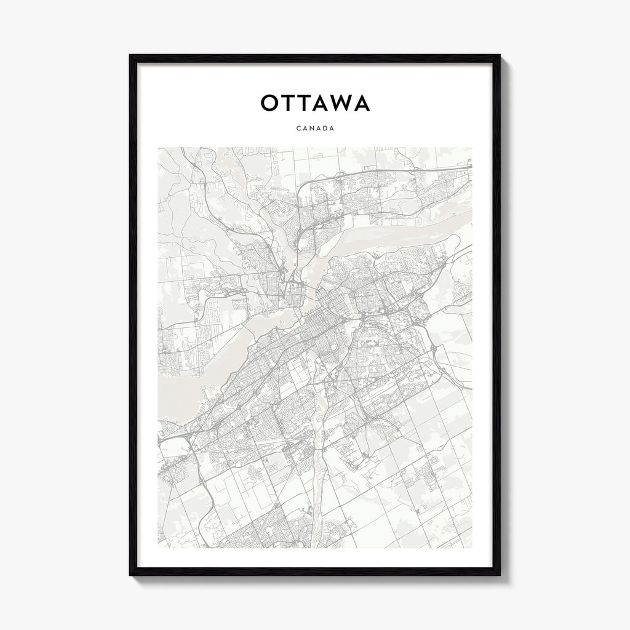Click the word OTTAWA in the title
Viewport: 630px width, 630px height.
(x=315, y=103)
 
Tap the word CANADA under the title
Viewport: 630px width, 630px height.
(x=315, y=129)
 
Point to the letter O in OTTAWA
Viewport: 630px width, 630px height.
(x=269, y=103)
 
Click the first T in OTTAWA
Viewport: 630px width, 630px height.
(x=289, y=103)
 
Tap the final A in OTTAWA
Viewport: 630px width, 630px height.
(x=361, y=103)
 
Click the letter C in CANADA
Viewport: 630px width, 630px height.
(x=298, y=129)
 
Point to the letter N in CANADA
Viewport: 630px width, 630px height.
(x=311, y=129)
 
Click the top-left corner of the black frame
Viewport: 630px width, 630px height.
(x=130, y=56)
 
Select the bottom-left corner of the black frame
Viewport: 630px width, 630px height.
(x=130, y=575)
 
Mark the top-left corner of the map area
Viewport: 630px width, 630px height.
(x=158, y=148)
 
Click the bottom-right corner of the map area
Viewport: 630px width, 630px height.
(x=472, y=548)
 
